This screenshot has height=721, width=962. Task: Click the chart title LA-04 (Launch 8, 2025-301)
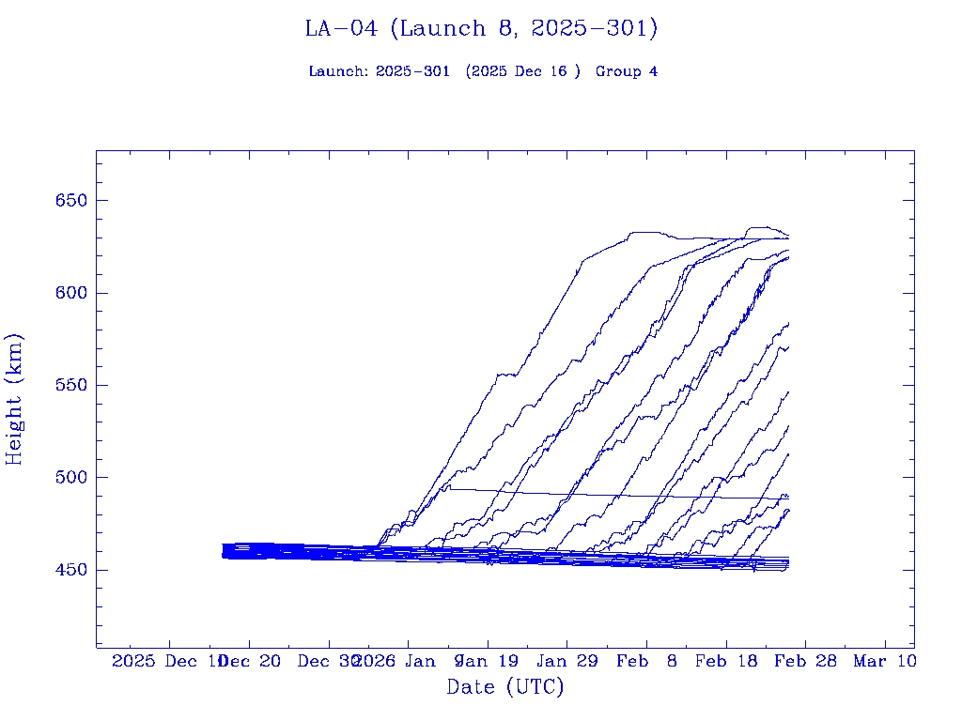(x=481, y=29)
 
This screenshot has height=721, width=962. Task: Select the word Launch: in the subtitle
(x=338, y=71)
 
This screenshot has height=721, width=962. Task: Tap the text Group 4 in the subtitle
(x=626, y=71)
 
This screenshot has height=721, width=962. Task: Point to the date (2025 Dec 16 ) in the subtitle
(x=523, y=71)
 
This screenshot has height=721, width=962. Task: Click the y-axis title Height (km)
(x=14, y=399)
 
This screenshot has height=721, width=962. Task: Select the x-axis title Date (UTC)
(x=504, y=687)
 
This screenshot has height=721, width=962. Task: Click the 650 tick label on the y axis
(x=70, y=201)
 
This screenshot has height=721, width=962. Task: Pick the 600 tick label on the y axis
(x=70, y=293)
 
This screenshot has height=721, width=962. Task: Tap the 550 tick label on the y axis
(x=70, y=385)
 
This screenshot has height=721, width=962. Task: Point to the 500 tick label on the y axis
(x=70, y=477)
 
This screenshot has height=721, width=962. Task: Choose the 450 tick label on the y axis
(x=70, y=570)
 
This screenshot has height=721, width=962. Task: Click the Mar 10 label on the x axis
(x=884, y=661)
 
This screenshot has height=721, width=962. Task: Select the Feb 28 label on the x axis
(x=805, y=661)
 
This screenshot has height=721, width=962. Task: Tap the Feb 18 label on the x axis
(x=725, y=661)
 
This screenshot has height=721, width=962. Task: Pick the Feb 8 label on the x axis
(x=646, y=661)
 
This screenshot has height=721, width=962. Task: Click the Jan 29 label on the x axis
(x=566, y=661)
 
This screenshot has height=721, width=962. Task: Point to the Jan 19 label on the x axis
(x=489, y=661)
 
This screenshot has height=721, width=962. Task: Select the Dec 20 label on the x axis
(x=250, y=661)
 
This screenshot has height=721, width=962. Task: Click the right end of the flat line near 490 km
(x=788, y=499)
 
